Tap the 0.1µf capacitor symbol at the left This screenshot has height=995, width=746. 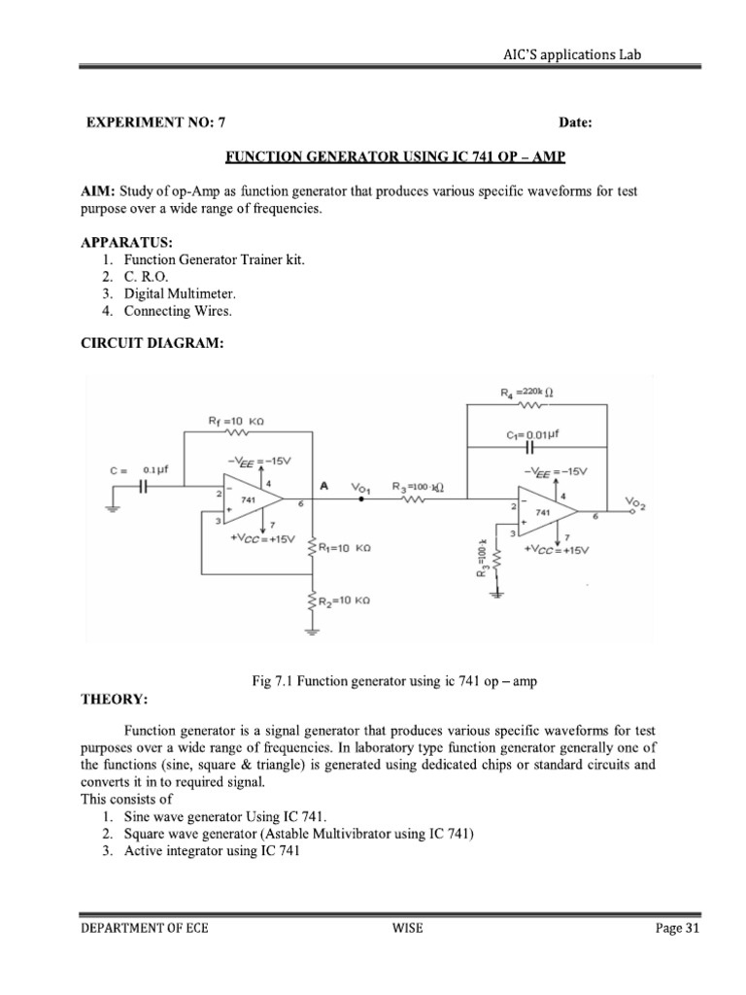click(x=143, y=487)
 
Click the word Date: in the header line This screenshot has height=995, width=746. click(x=575, y=122)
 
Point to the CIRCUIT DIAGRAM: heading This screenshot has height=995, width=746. click(x=146, y=343)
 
